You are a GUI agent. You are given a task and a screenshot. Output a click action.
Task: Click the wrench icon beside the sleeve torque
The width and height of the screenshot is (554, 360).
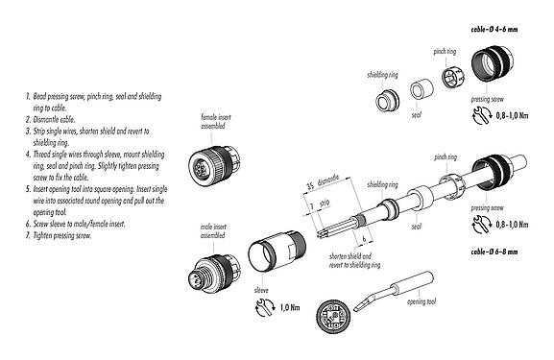[258, 310]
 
